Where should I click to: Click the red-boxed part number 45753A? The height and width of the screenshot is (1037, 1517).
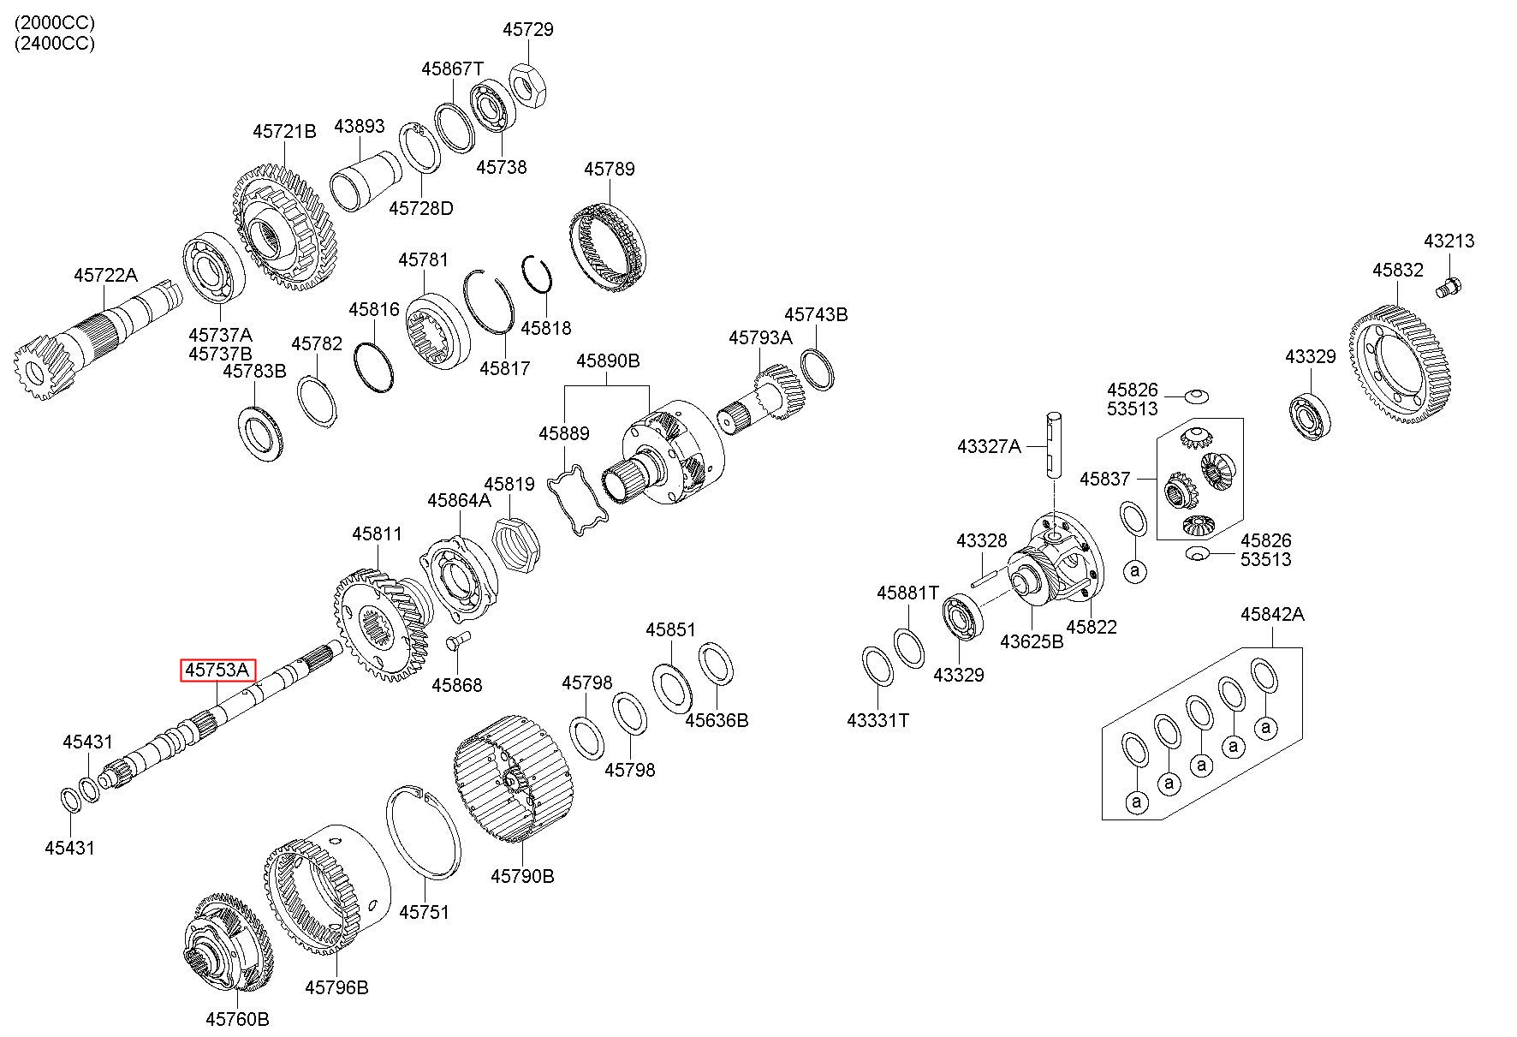pyautogui.click(x=217, y=670)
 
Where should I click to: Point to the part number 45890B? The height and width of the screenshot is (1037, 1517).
pyautogui.click(x=608, y=361)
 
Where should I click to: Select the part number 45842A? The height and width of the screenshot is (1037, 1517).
pyautogui.click(x=1272, y=614)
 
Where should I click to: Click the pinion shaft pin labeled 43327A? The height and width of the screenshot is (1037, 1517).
pyautogui.click(x=1054, y=445)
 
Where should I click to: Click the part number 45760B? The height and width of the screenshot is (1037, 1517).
pyautogui.click(x=237, y=1019)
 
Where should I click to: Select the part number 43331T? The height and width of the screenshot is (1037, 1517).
pyautogui.click(x=877, y=720)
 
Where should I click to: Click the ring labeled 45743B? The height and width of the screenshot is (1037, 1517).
pyautogui.click(x=818, y=369)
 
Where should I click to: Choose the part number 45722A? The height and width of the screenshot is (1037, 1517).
pyautogui.click(x=105, y=275)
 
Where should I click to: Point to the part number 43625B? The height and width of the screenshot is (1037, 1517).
pyautogui.click(x=1032, y=640)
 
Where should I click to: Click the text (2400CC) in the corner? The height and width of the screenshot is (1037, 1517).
pyautogui.click(x=54, y=44)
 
